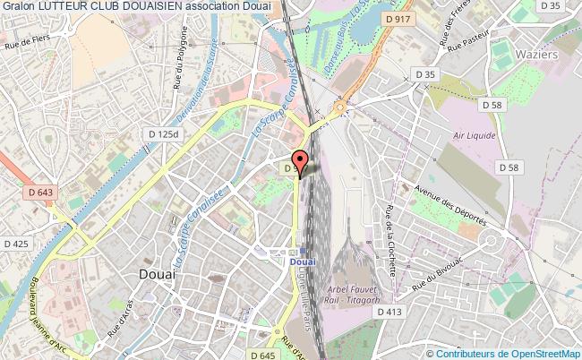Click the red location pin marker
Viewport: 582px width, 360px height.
(x=301, y=161)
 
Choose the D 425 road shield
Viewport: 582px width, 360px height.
(x=15, y=243)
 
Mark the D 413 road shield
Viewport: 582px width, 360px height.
(x=389, y=311)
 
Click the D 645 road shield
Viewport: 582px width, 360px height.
(x=264, y=356)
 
